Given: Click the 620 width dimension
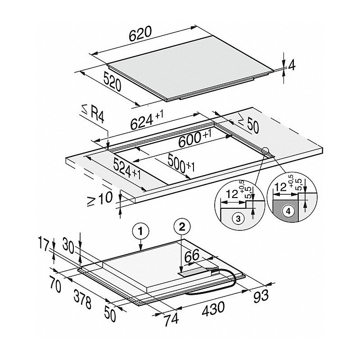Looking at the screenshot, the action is click(140, 34).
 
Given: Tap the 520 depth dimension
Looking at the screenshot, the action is click(112, 81).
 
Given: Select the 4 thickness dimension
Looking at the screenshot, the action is click(292, 66).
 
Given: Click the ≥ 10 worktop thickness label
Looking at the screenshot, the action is click(100, 199).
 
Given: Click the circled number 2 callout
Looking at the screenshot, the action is click(182, 227).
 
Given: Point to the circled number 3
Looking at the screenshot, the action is click(238, 219).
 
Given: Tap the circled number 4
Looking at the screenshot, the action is click(288, 211).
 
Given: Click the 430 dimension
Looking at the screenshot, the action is click(213, 309).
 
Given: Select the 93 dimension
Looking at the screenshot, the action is click(261, 296).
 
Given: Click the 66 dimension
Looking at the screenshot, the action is click(192, 256).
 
